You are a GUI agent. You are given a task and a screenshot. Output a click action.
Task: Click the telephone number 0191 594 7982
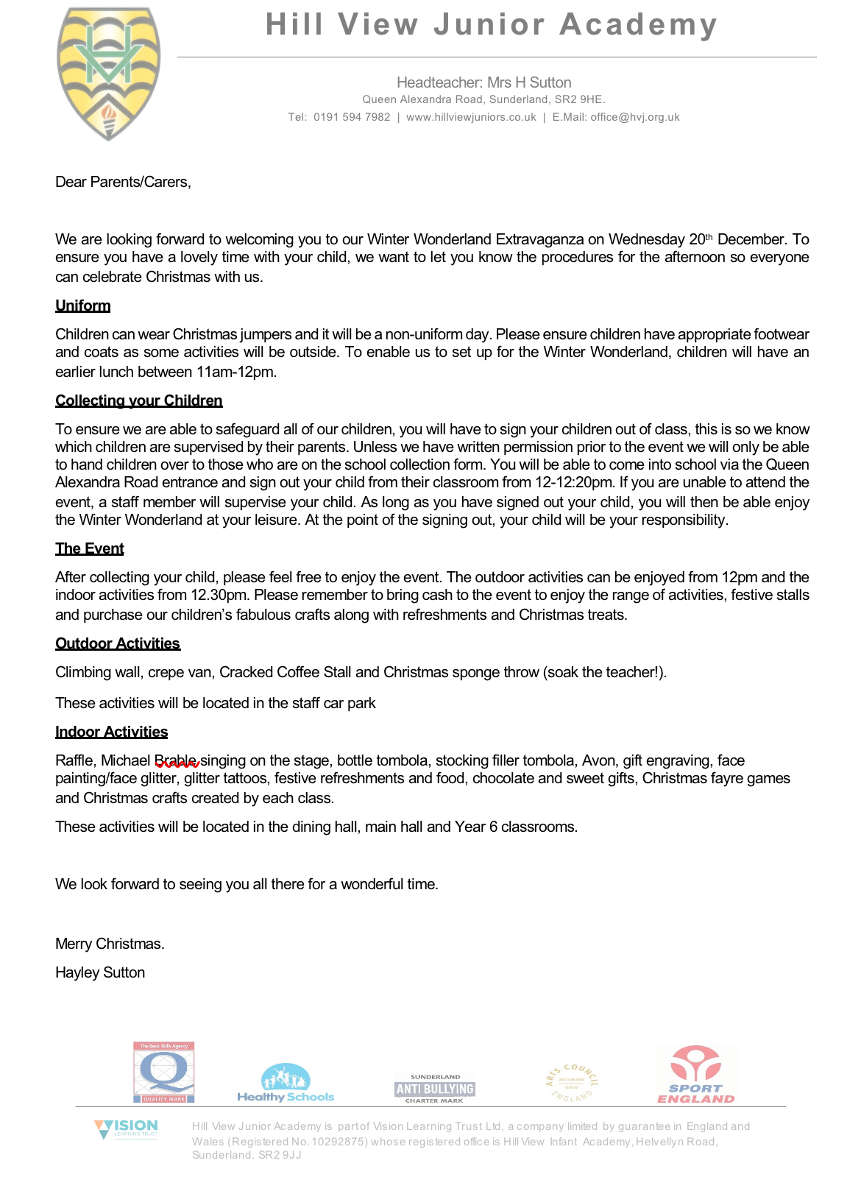point(352,117)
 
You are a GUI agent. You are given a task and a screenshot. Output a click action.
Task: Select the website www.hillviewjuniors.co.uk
point(471,117)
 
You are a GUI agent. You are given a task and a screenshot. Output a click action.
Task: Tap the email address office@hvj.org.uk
point(634,117)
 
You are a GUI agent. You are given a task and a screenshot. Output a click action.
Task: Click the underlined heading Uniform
point(82,305)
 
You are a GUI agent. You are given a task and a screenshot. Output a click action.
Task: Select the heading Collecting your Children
point(138,400)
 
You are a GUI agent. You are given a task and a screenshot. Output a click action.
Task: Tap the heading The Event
point(89,548)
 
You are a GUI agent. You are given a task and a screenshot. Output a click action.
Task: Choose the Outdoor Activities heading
point(118,643)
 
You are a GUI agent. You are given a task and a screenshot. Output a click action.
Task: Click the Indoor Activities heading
point(111,732)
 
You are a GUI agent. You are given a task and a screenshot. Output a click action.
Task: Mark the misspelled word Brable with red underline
point(176,761)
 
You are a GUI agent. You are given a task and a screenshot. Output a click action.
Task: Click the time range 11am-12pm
point(235,372)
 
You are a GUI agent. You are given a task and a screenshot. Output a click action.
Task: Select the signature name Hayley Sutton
point(100,972)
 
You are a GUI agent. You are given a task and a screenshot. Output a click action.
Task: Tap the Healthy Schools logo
point(286,1083)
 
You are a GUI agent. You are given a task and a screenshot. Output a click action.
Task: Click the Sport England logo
point(696,1075)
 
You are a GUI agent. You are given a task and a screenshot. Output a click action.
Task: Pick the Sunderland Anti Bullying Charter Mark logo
point(434,1089)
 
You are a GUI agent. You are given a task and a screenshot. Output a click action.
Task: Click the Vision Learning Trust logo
point(126,1129)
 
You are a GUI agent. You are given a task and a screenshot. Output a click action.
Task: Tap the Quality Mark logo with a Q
point(164,1073)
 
